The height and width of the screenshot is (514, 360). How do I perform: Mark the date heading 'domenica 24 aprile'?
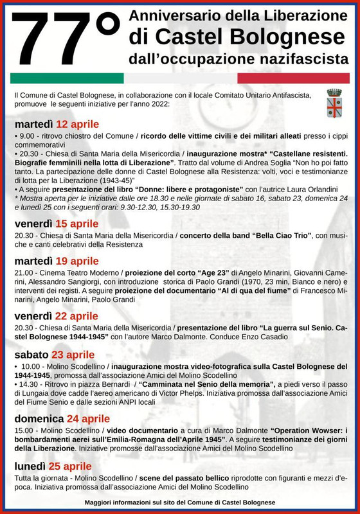pyautogui.click(x=62, y=419)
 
